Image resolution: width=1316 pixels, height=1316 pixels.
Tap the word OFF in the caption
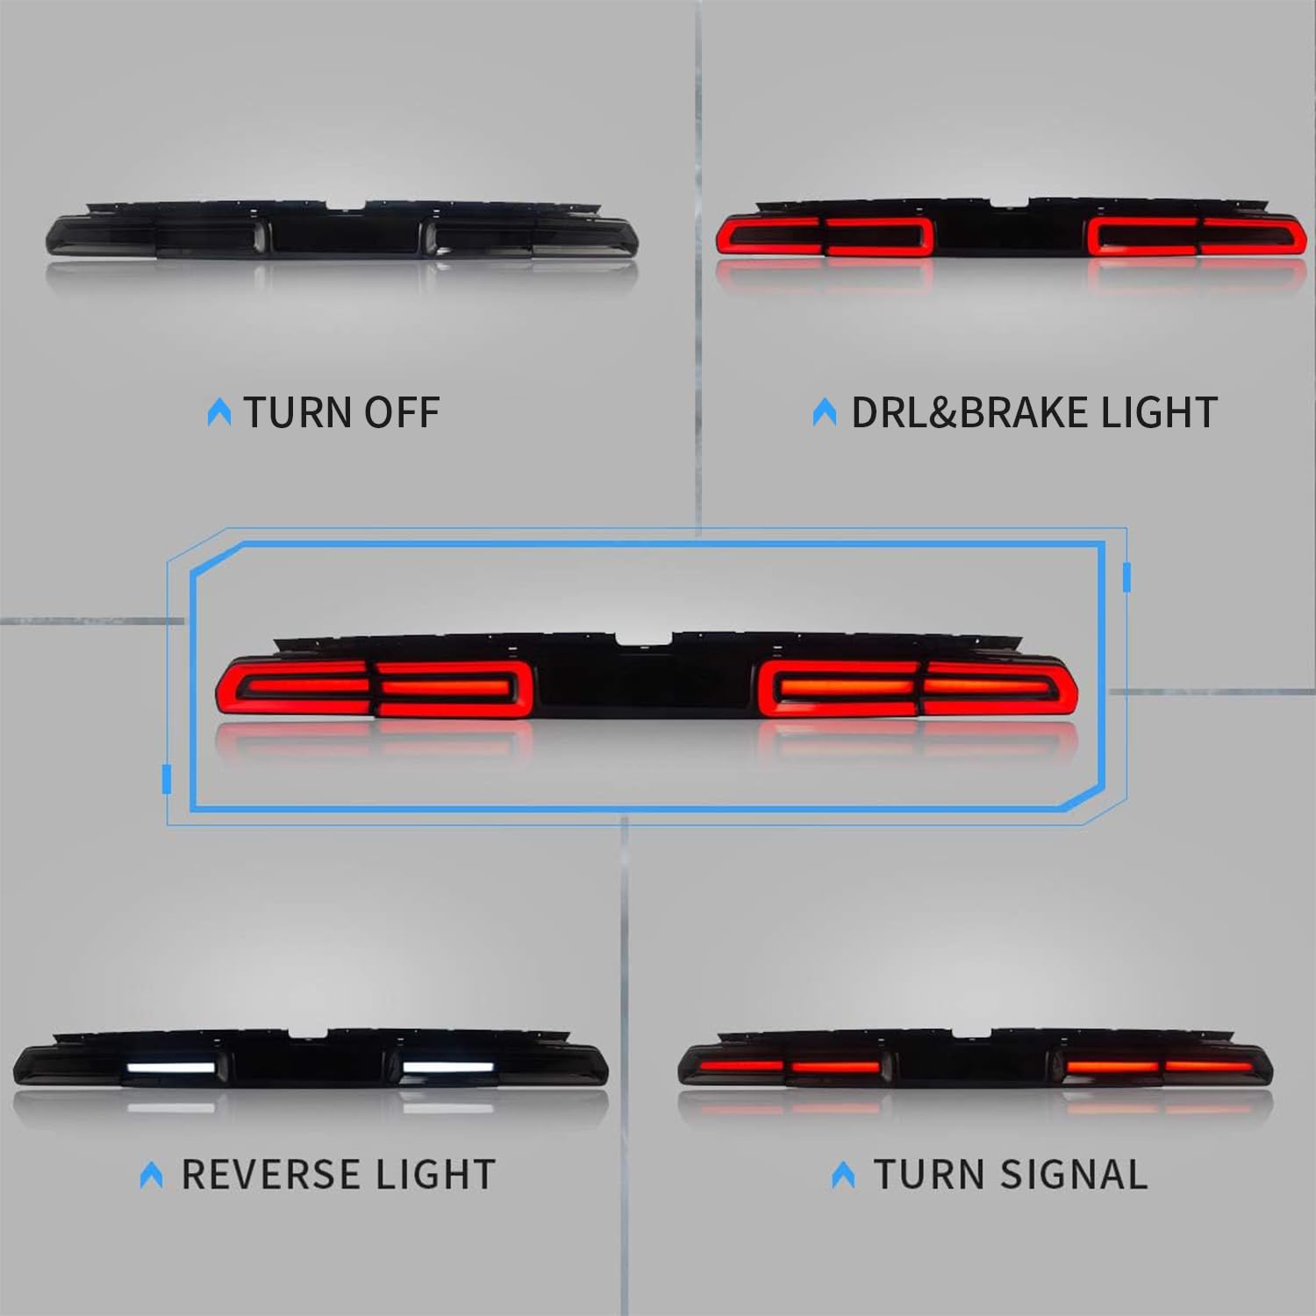402,412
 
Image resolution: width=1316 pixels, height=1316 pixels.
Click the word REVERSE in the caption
259,1175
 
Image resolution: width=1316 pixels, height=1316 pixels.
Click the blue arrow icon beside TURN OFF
219,412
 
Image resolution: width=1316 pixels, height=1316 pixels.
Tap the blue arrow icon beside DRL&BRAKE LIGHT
825,412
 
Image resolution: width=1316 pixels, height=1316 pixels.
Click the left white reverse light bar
171,1069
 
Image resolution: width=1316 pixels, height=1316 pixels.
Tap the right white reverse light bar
447,1069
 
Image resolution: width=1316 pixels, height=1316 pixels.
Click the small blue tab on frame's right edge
1126,576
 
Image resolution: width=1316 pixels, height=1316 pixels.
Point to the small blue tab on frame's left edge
167,779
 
